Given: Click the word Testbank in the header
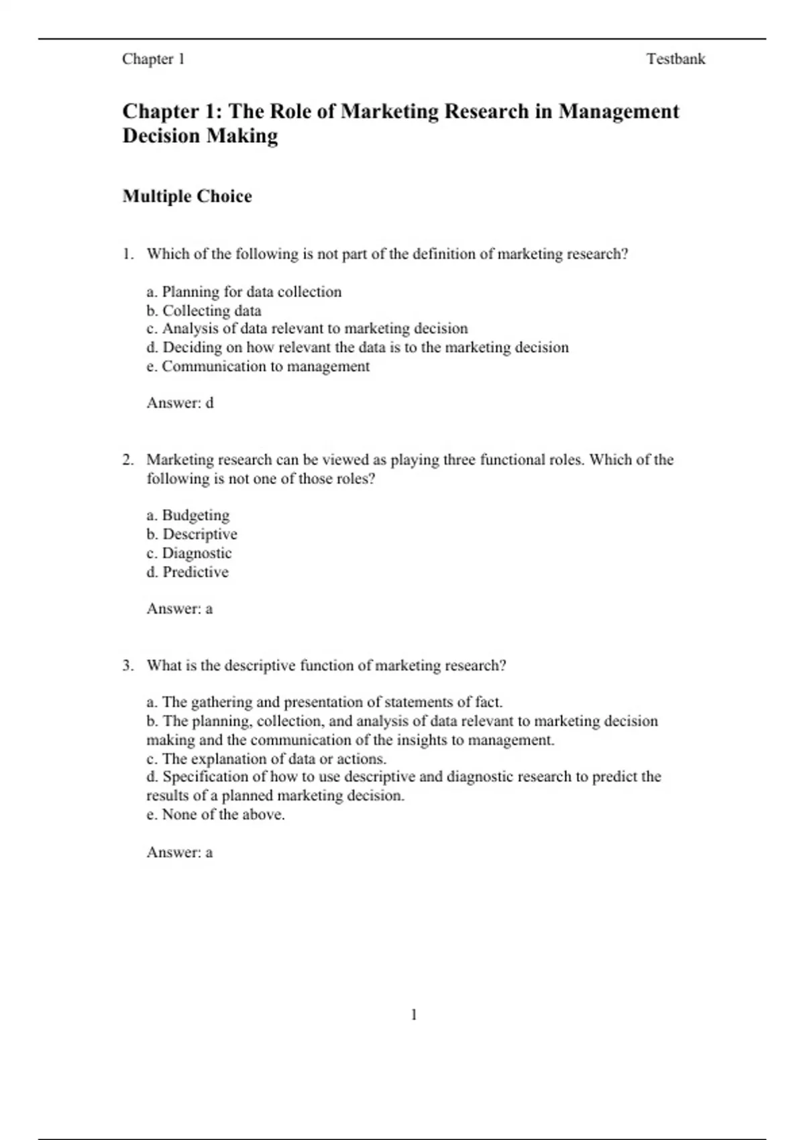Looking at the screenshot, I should click(676, 59).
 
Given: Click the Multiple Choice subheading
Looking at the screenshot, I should click(187, 196).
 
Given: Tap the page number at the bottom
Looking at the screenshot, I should click(414, 1015).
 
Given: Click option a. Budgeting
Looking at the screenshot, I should click(188, 515).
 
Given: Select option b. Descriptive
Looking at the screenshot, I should click(192, 534).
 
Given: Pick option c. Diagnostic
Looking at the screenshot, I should click(189, 553).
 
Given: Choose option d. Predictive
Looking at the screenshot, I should click(188, 572).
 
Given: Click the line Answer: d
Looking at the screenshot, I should click(180, 403).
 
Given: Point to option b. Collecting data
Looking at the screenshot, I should click(204, 310).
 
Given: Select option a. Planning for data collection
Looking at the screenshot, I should click(244, 292).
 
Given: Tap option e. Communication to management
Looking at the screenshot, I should click(258, 366).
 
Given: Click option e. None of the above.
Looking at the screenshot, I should click(216, 815).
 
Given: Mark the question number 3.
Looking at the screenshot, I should click(127, 666).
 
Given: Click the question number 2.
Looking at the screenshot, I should click(127, 460).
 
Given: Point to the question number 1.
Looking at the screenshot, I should click(127, 254).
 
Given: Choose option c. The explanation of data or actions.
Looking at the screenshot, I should click(266, 758).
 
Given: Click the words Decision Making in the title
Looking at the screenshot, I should click(200, 136).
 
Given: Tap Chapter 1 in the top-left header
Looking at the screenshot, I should click(153, 59).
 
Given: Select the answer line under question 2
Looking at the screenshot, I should click(180, 609).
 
